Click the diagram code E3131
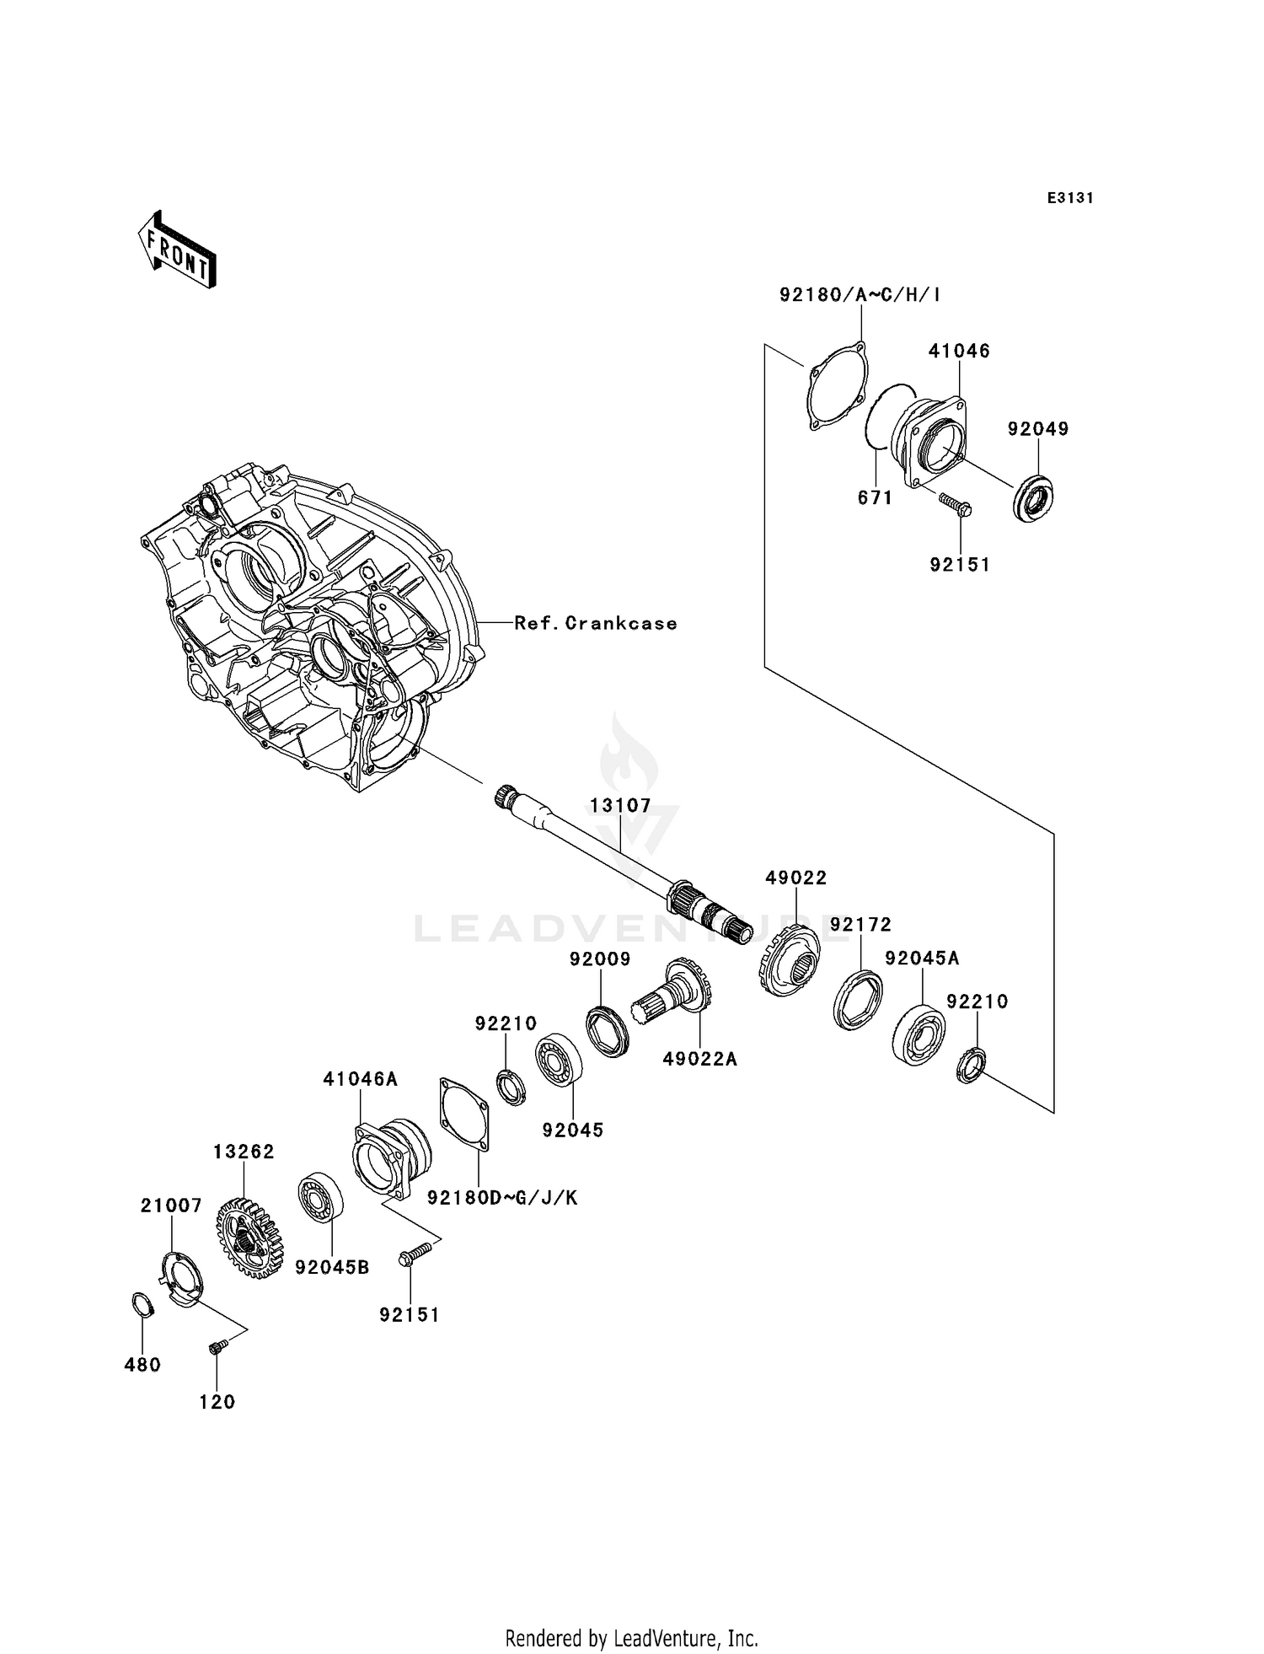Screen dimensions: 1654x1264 click(x=1070, y=198)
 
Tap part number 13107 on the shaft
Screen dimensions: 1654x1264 click(x=620, y=805)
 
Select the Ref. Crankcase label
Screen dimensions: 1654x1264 click(x=595, y=623)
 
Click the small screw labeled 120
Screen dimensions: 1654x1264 click(x=215, y=1349)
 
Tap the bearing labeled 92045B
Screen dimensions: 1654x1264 click(x=321, y=1197)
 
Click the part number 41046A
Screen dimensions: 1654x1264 click(x=360, y=1078)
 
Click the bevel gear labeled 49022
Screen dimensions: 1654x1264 click(x=790, y=960)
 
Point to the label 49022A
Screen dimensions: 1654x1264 click(x=699, y=1059)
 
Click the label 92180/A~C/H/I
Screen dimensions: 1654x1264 click(x=860, y=294)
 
